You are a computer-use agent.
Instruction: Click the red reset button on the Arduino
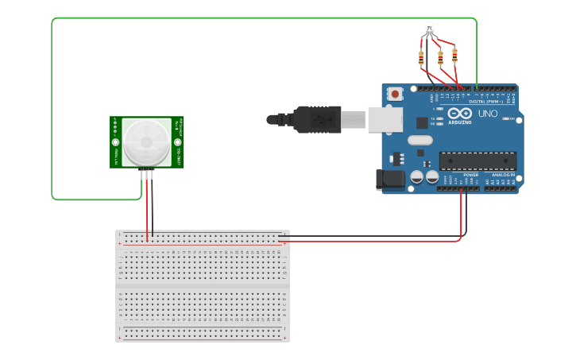396,95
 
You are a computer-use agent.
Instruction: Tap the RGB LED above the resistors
429,29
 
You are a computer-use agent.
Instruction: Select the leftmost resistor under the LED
421,57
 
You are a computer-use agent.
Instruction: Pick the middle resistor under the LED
439,57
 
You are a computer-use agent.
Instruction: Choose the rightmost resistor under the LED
454,56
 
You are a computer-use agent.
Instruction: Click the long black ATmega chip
472,161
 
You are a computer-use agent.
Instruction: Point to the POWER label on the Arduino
471,174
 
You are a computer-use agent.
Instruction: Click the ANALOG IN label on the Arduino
502,174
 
